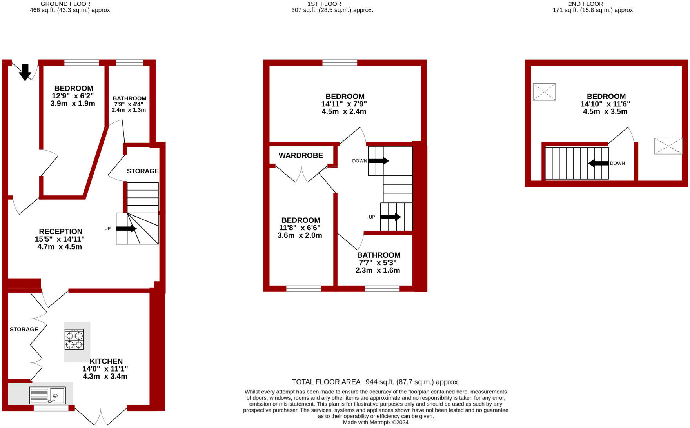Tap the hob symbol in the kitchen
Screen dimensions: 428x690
coord(74,339)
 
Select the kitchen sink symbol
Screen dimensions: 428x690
coord(47,395)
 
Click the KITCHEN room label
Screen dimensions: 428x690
coord(106,361)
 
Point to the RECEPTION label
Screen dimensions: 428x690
coord(61,232)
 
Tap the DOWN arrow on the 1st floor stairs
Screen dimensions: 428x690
coord(379,161)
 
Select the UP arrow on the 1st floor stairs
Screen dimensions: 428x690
coord(390,217)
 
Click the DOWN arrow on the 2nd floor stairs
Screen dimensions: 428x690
coord(598,163)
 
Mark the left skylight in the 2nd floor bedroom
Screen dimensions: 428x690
coord(544,92)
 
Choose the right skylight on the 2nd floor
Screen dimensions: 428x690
coord(668,146)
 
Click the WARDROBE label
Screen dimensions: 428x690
coord(301,156)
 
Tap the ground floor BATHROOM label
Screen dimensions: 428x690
coord(129,98)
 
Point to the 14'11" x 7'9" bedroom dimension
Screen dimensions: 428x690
coord(344,104)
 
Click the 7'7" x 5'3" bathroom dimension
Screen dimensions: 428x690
coord(378,263)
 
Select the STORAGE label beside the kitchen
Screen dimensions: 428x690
coord(24,330)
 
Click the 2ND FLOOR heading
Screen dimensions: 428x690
coord(586,4)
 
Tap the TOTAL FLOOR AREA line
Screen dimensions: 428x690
coord(376,382)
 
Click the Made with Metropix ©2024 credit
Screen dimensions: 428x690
coord(376,423)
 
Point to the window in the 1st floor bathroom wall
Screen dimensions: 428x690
coord(382,289)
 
